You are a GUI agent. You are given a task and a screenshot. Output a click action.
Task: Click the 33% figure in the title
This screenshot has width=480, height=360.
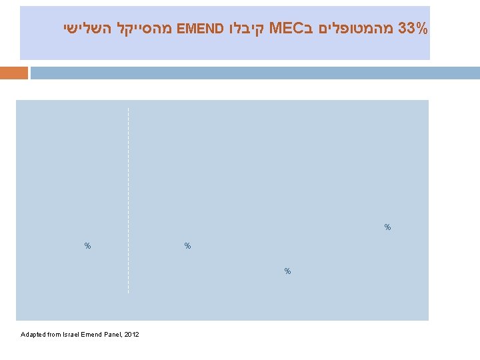pyautogui.click(x=412, y=29)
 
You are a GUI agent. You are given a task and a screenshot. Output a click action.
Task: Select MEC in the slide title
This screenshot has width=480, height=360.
pyautogui.click(x=289, y=29)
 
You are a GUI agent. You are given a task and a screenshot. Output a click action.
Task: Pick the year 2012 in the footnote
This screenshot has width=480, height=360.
pyautogui.click(x=132, y=334)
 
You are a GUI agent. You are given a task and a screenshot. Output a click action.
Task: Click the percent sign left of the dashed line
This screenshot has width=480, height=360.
pyautogui.click(x=87, y=246)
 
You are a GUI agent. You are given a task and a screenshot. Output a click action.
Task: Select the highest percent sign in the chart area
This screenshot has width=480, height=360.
pyautogui.click(x=387, y=227)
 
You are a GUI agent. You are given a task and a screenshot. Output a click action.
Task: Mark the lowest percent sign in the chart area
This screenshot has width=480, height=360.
pyautogui.click(x=287, y=271)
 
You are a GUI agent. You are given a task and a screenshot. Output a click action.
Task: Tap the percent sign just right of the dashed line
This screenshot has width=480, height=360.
pyautogui.click(x=187, y=246)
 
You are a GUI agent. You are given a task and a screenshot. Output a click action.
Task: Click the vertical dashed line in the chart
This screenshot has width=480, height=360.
pyautogui.click(x=128, y=200)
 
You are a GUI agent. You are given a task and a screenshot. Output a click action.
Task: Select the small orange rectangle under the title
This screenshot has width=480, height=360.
pyautogui.click(x=14, y=73)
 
